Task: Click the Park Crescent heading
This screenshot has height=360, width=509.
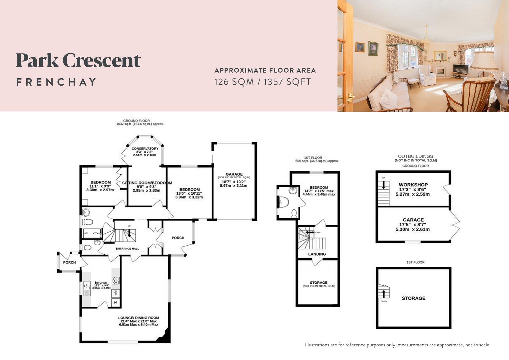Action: coord(79,61)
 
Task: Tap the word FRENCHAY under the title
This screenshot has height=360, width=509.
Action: coord(56,82)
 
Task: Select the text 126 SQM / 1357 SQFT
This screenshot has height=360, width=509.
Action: coord(262,82)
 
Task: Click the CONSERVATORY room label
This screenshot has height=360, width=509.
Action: coord(145,149)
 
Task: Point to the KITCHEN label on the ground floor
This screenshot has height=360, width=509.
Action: coord(101,283)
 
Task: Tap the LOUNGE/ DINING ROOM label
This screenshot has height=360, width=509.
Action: coord(139,318)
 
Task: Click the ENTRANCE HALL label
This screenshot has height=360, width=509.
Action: coord(128,249)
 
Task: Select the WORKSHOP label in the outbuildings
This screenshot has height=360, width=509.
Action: coord(413,185)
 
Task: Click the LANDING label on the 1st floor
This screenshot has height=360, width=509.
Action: coord(317,254)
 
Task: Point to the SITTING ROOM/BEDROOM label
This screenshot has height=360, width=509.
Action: coord(147,183)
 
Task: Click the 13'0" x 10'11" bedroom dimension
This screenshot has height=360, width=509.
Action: coord(189,193)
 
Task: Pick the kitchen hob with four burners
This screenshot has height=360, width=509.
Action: coord(116,281)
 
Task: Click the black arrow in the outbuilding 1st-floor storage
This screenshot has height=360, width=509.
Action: coord(384,293)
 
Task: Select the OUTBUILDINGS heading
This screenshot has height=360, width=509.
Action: coord(415,156)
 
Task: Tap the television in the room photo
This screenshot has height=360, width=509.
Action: coord(460,69)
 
